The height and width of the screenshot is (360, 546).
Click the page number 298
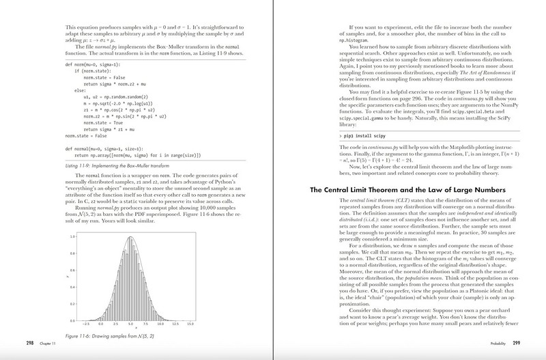point(12,342)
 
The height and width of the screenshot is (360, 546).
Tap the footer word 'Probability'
point(507,342)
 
